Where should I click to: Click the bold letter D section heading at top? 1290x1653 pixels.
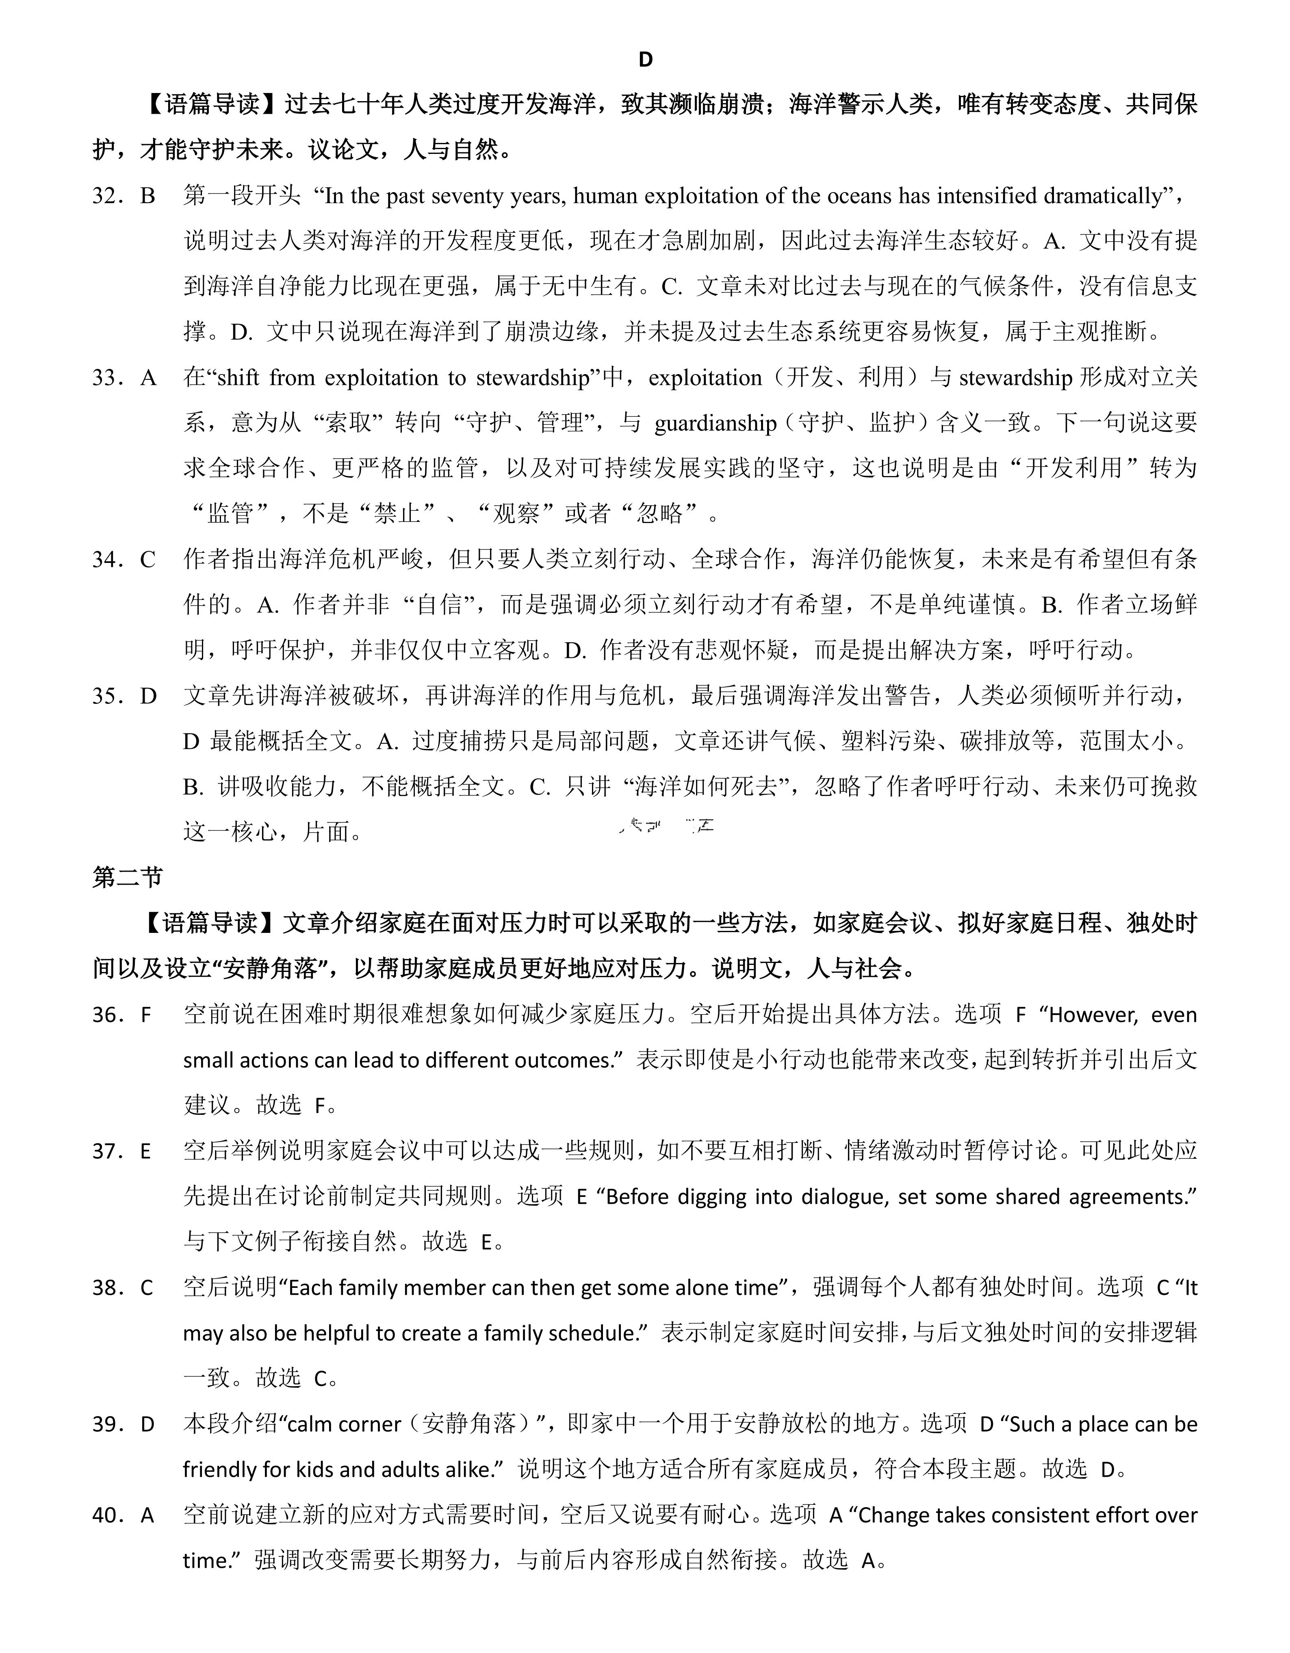tap(645, 60)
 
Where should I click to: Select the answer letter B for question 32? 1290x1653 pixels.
tap(147, 196)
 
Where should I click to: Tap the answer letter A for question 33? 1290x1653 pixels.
tap(147, 378)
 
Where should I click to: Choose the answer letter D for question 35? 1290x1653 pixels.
tap(147, 696)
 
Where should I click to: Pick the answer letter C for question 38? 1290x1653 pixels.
tap(147, 1287)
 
